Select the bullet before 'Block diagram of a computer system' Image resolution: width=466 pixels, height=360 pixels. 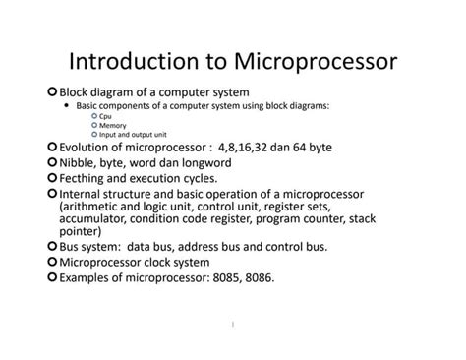tap(52, 91)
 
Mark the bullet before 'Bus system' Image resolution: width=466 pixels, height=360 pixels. tap(52, 249)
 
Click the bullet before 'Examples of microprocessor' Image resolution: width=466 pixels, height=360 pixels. tap(52, 278)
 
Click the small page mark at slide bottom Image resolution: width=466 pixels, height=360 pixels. tap(233, 322)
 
